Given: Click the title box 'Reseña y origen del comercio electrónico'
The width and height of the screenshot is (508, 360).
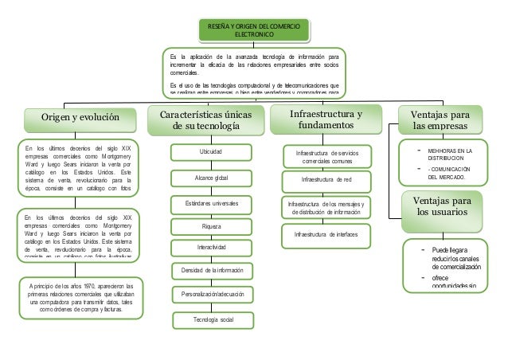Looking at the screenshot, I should point(253,30).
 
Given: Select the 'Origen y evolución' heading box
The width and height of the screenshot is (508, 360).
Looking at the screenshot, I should point(68,119).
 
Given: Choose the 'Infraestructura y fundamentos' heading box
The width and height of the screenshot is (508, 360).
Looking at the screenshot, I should point(327,122).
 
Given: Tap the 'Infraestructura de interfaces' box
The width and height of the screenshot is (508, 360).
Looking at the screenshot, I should point(326,235).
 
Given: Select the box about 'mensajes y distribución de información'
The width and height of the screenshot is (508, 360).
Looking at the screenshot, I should point(326,208).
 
